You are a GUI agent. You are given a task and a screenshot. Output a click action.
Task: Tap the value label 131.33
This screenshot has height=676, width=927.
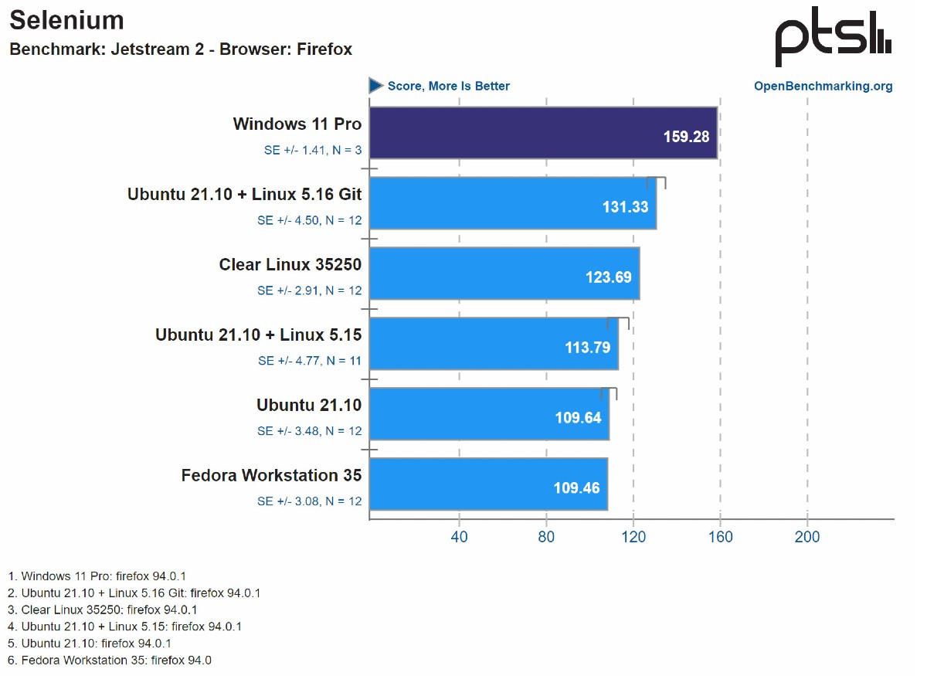[625, 207]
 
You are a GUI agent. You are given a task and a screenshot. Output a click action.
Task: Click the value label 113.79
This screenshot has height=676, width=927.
[587, 348]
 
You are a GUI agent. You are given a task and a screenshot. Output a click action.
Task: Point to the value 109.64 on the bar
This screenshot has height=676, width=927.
[578, 418]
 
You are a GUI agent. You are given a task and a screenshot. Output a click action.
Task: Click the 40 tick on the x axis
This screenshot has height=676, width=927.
[460, 537]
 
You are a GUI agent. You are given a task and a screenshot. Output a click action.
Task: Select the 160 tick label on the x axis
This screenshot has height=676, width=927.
[720, 537]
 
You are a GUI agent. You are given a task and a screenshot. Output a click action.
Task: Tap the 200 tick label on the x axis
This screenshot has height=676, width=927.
[807, 537]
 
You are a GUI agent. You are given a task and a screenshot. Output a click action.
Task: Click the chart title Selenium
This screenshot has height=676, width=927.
[66, 21]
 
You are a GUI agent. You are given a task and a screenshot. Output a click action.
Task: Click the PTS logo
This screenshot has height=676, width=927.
[833, 38]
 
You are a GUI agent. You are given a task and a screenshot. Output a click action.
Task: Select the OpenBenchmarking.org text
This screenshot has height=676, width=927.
[823, 86]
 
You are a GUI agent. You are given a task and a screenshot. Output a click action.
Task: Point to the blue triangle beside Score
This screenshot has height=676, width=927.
[376, 86]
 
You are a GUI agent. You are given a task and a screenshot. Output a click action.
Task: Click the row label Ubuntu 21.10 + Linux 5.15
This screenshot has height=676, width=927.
[258, 335]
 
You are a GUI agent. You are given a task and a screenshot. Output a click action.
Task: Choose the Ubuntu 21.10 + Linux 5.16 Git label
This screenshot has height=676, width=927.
[244, 195]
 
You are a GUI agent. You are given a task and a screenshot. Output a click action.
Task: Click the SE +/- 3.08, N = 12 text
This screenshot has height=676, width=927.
[309, 501]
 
